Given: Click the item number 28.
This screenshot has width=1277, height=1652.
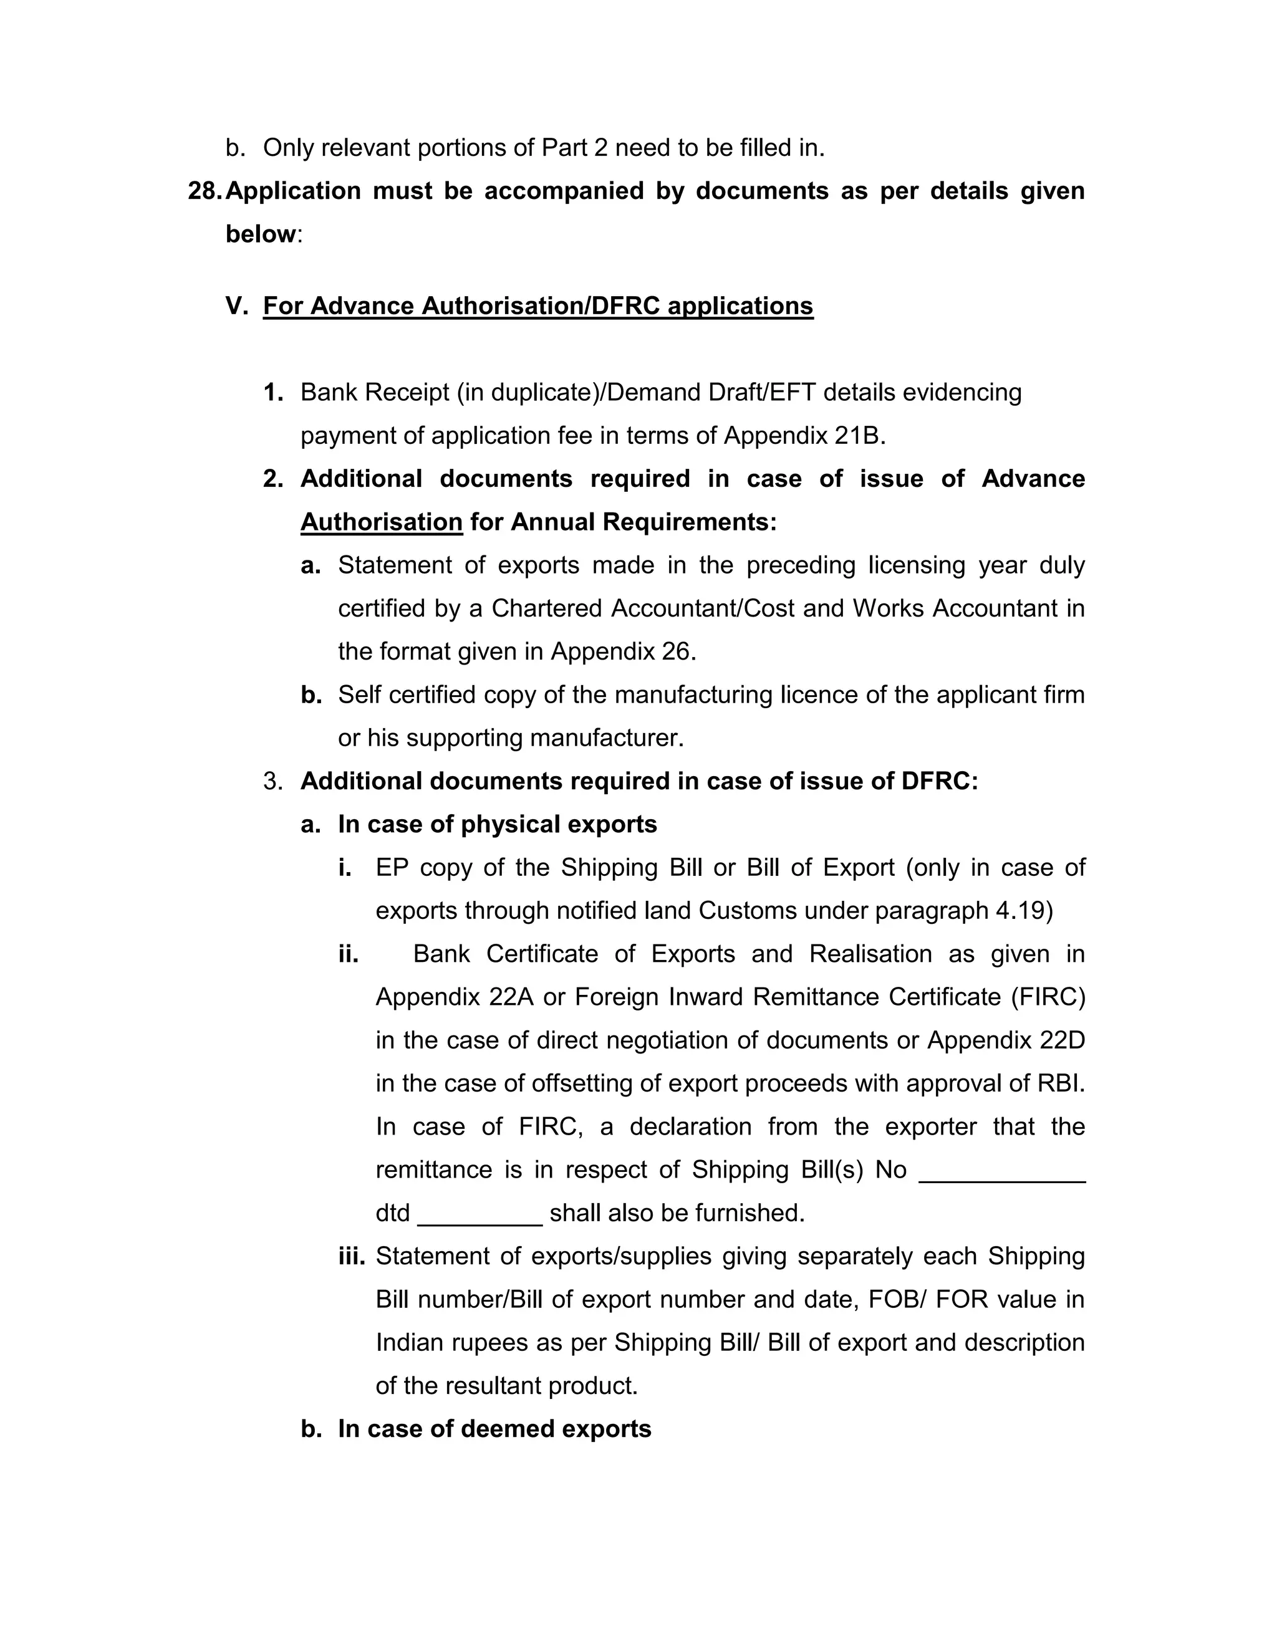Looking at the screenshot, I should (x=205, y=191).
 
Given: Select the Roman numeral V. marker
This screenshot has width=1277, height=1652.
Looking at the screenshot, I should (x=237, y=306).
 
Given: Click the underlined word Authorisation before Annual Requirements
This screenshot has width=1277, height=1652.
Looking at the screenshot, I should (x=381, y=522).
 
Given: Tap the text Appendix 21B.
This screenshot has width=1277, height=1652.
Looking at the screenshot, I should (x=804, y=436).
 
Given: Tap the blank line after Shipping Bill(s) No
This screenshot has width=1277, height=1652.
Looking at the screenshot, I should (x=1001, y=1170).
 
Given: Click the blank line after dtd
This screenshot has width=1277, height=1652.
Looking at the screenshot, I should (x=479, y=1213).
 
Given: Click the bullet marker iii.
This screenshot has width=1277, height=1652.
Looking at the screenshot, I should (x=352, y=1256).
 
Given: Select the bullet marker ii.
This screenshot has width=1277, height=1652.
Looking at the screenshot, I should (x=348, y=954).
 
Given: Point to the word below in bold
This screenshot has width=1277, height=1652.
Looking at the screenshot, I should (x=260, y=234).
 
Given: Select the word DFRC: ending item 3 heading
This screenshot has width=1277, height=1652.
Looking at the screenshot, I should (x=940, y=781).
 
